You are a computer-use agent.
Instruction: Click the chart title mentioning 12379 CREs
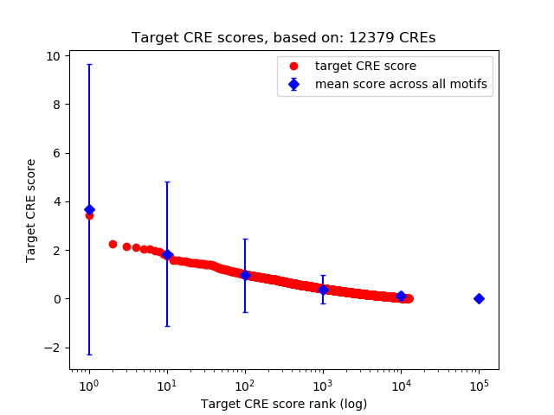click(283, 38)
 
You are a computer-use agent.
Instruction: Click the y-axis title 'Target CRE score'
click(31, 210)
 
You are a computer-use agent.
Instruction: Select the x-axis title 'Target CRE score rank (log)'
click(284, 404)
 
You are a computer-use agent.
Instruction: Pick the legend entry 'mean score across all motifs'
click(401, 84)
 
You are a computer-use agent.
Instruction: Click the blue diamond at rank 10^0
click(89, 210)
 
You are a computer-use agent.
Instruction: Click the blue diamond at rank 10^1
click(167, 255)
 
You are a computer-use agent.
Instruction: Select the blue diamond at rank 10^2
click(245, 275)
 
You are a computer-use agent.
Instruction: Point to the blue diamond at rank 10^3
click(323, 290)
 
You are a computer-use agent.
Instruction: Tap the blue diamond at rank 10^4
click(401, 296)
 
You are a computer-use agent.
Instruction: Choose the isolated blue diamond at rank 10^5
click(479, 298)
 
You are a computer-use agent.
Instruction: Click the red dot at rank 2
click(113, 244)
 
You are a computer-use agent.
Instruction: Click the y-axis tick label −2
click(54, 348)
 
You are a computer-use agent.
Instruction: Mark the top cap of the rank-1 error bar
click(89, 64)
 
